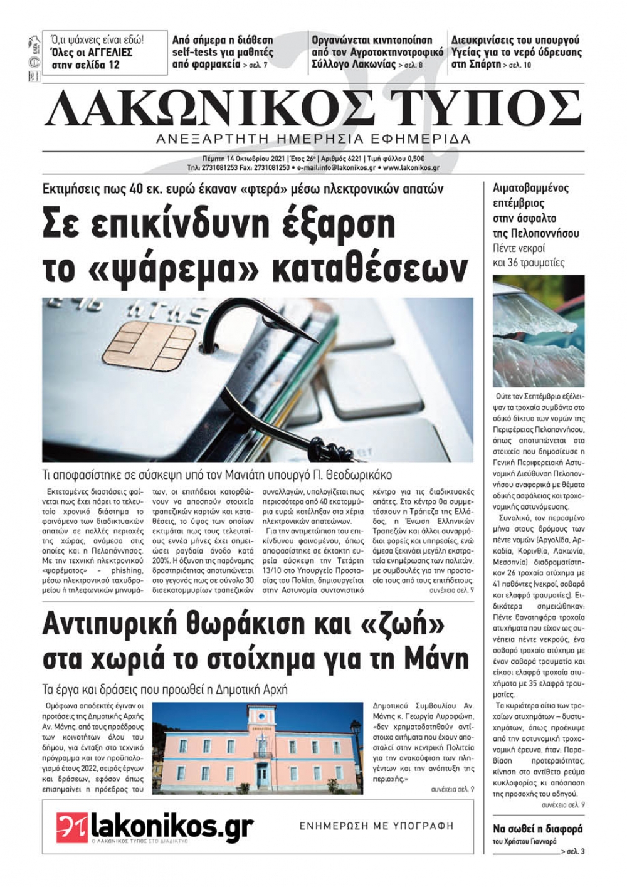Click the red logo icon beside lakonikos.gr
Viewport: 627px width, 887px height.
point(73,828)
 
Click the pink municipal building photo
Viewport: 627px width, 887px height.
point(257,748)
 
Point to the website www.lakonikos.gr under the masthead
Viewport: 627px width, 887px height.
point(411,168)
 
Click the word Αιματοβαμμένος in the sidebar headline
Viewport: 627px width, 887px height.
point(530,188)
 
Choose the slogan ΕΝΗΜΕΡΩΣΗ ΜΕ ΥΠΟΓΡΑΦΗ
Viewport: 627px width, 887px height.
point(376,826)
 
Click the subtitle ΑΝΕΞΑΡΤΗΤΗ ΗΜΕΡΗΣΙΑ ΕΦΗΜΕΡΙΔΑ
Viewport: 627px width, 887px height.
point(313,139)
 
